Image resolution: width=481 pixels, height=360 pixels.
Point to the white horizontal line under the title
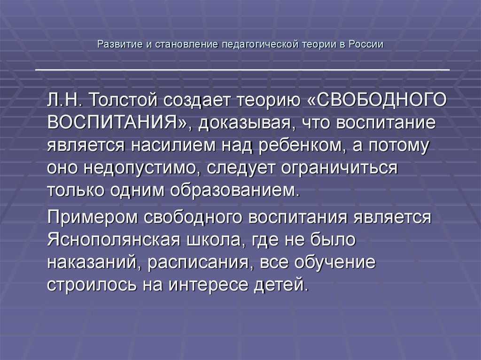click(242, 70)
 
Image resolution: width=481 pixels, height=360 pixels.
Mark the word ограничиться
click(339, 169)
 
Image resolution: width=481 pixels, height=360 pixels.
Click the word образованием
click(234, 191)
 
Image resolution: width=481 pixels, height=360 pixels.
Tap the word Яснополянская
click(114, 240)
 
